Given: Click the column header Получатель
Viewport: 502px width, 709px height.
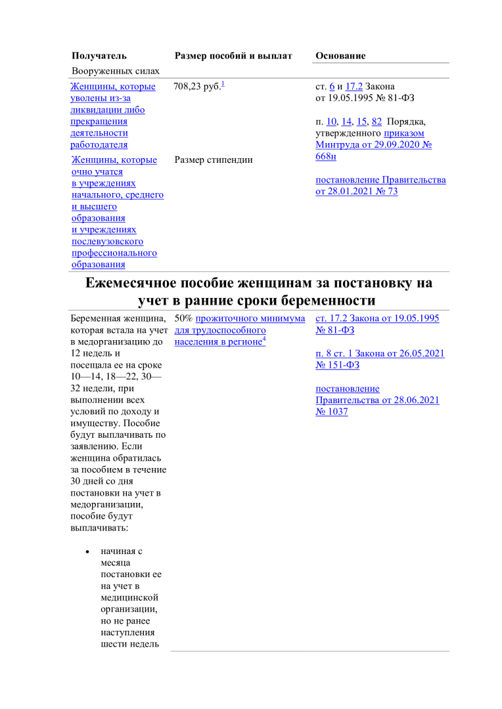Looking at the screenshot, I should coord(99,56).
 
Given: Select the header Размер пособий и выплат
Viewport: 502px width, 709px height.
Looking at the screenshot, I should coord(233,56).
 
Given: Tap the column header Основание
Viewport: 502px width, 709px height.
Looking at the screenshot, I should coord(340,56).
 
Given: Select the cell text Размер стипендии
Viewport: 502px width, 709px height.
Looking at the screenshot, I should coord(214,160).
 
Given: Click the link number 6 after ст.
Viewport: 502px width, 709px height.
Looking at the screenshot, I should coord(332,87).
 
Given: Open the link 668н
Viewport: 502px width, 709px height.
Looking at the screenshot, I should coord(326,157).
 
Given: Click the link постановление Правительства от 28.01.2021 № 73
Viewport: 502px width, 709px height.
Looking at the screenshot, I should coord(380,186).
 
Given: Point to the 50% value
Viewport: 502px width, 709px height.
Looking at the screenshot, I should coord(184,318).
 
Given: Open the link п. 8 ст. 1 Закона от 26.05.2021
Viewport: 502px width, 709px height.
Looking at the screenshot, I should coord(380,353).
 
